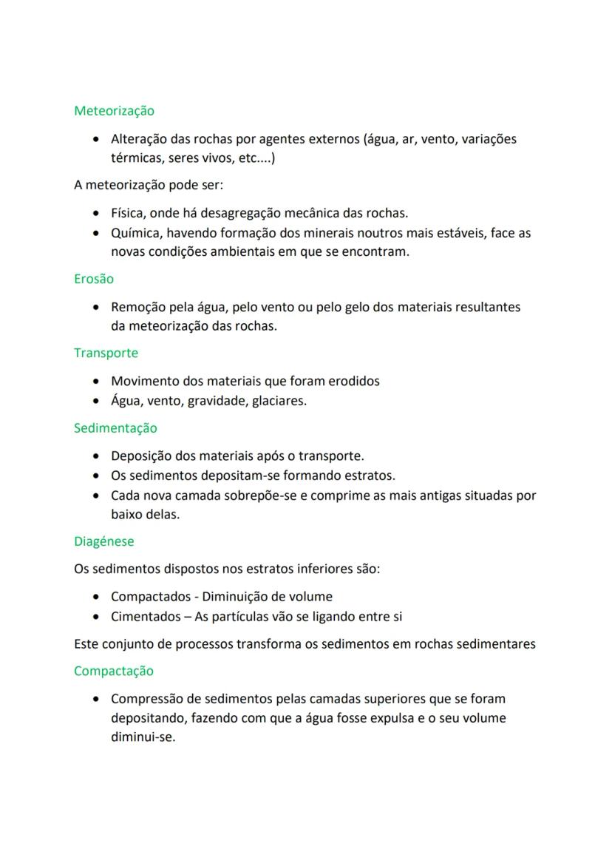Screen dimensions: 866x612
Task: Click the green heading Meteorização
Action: coord(114,111)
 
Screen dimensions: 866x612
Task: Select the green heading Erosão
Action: coord(94,280)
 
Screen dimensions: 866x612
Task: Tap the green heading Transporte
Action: coord(106,353)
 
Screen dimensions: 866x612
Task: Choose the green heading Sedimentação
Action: coord(115,428)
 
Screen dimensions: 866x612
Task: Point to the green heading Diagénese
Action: coord(104,541)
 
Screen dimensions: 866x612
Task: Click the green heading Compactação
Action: coord(114,672)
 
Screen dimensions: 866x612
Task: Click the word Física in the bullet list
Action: coord(128,213)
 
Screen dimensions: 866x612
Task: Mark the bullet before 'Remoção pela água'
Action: coord(97,308)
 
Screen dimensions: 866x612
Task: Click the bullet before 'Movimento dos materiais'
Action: coord(97,382)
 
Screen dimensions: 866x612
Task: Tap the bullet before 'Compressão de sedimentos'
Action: coord(97,699)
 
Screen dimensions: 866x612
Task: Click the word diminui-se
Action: coord(143,737)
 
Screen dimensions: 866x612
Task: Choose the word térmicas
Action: coord(137,158)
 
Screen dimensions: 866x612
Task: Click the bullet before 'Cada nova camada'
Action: coord(97,495)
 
